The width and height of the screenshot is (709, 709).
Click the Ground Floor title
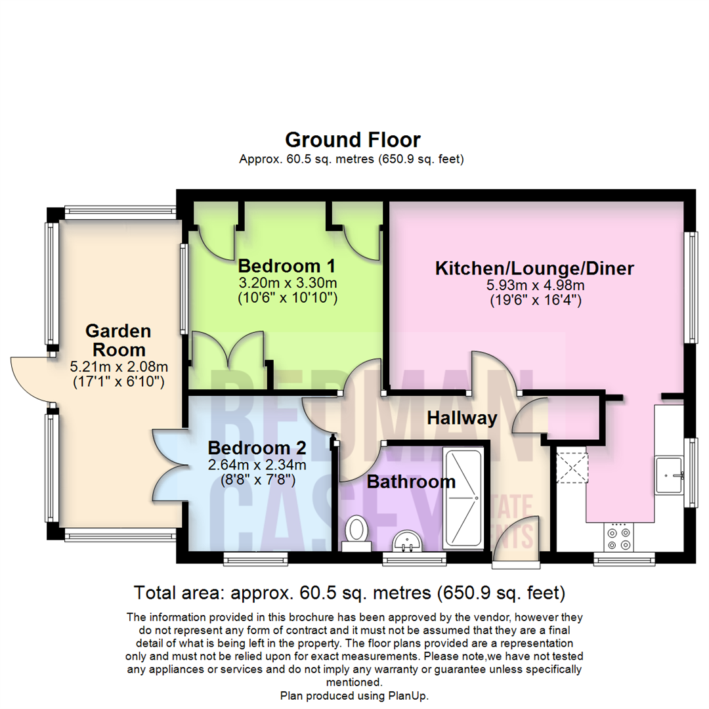pyautogui.click(x=353, y=140)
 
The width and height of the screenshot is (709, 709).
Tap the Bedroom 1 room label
pyautogui.click(x=287, y=267)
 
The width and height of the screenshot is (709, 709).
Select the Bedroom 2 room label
pyautogui.click(x=257, y=448)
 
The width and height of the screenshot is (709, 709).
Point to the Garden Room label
pyautogui.click(x=118, y=339)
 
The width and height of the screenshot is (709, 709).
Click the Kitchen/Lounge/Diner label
pyautogui.click(x=535, y=269)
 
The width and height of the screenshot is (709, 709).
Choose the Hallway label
pyautogui.click(x=462, y=418)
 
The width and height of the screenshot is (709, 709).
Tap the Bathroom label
pyautogui.click(x=411, y=482)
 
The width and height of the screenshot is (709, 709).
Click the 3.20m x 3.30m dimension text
pyautogui.click(x=288, y=284)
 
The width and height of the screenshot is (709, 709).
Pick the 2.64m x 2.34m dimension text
pyautogui.click(x=257, y=465)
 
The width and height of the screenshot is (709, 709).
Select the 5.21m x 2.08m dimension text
pyautogui.click(x=118, y=366)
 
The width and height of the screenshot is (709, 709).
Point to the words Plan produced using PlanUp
pyautogui.click(x=354, y=695)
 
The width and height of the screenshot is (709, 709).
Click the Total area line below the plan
pyautogui.click(x=349, y=593)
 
